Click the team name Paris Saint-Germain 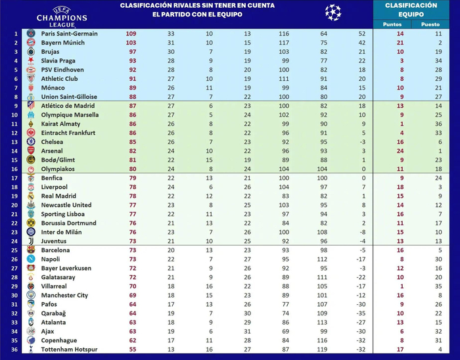69,34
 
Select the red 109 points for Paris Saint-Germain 131,34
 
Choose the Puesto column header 430,24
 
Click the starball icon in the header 333,11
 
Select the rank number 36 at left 16,349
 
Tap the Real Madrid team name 60,196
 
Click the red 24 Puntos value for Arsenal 400,150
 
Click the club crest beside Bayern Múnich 31,42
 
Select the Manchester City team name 64,295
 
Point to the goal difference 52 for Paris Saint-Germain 362,34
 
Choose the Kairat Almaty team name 60,124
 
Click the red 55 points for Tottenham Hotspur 133,349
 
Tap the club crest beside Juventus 31,240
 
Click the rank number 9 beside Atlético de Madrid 16,106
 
